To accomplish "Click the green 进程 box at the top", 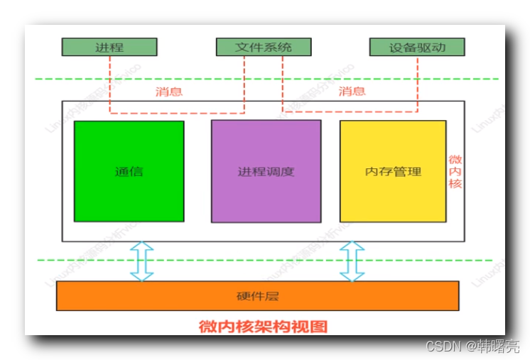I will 109,47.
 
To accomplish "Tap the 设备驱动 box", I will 417,47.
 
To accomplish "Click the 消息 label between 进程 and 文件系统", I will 170,92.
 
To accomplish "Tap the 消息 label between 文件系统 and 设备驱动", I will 352,91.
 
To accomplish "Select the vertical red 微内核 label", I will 455,172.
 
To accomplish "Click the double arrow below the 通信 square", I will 143,261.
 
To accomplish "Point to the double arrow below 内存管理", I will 352,261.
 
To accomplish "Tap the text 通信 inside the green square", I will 129,172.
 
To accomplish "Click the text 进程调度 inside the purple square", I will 266,172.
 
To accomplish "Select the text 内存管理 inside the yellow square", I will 392,172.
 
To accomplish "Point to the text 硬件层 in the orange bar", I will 257,295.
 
